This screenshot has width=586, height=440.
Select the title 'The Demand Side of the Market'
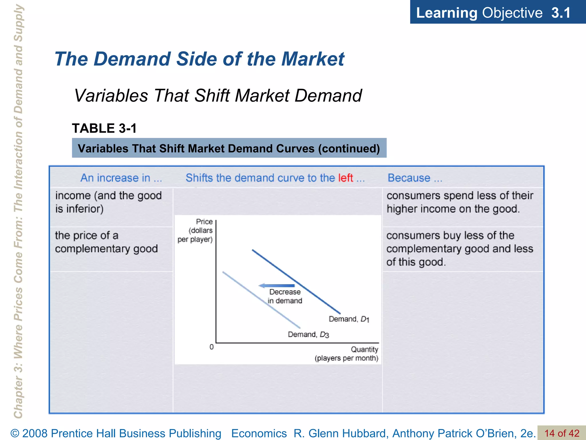(199, 59)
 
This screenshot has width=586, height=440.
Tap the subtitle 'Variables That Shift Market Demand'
(218, 95)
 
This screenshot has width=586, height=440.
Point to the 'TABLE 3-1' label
(104, 128)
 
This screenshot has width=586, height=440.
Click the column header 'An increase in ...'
(121, 178)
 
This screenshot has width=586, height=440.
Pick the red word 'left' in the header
(345, 178)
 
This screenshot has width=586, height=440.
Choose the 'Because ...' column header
(415, 178)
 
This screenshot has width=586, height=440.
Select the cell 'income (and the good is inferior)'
(108, 202)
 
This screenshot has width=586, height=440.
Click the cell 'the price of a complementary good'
(106, 242)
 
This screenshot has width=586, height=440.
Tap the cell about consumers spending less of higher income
(460, 202)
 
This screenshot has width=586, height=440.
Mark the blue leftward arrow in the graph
(276, 286)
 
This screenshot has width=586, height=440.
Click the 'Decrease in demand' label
(285, 296)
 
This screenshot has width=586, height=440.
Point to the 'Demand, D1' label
(349, 319)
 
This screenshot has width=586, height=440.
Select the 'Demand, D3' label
(308, 335)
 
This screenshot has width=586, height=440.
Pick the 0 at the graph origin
(211, 347)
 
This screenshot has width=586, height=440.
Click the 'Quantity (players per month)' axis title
(347, 354)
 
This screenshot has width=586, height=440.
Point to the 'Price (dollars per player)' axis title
(196, 230)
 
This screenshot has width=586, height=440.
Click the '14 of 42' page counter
(562, 433)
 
